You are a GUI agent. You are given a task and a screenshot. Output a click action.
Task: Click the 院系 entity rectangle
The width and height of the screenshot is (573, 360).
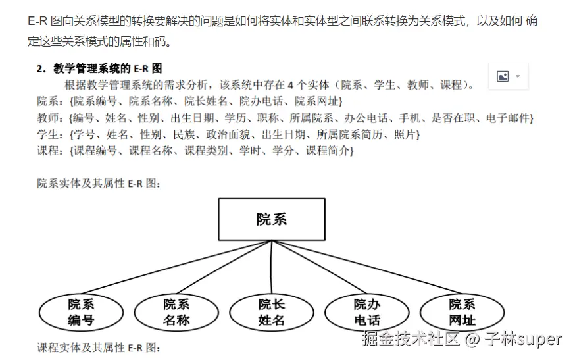click(271, 219)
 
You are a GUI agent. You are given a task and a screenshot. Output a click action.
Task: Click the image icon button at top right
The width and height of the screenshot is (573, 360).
click(503, 76)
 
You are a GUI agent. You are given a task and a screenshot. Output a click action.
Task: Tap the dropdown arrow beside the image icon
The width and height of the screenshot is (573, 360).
click(518, 76)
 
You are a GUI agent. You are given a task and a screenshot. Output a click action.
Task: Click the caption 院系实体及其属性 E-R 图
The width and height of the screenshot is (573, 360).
click(99, 184)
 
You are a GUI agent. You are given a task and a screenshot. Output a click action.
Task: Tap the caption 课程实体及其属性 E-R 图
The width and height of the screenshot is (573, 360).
click(99, 347)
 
